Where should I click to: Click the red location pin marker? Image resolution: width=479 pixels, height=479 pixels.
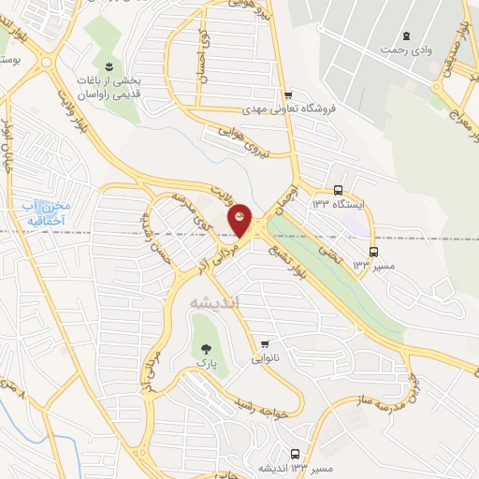point(240,220)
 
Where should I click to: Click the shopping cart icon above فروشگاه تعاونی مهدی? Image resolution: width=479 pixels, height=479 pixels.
point(289,94)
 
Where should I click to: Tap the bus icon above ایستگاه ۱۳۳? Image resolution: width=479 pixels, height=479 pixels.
point(338,189)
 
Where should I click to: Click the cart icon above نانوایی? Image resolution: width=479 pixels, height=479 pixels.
point(266,344)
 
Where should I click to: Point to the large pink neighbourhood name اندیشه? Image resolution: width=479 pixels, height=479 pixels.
point(215,303)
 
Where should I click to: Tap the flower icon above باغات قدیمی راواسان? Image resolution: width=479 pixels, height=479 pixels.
point(109,65)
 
